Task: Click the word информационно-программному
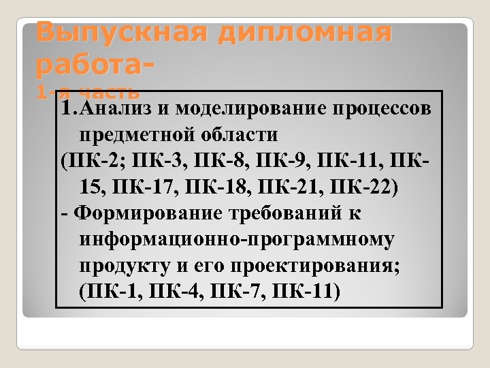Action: (x=236, y=240)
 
